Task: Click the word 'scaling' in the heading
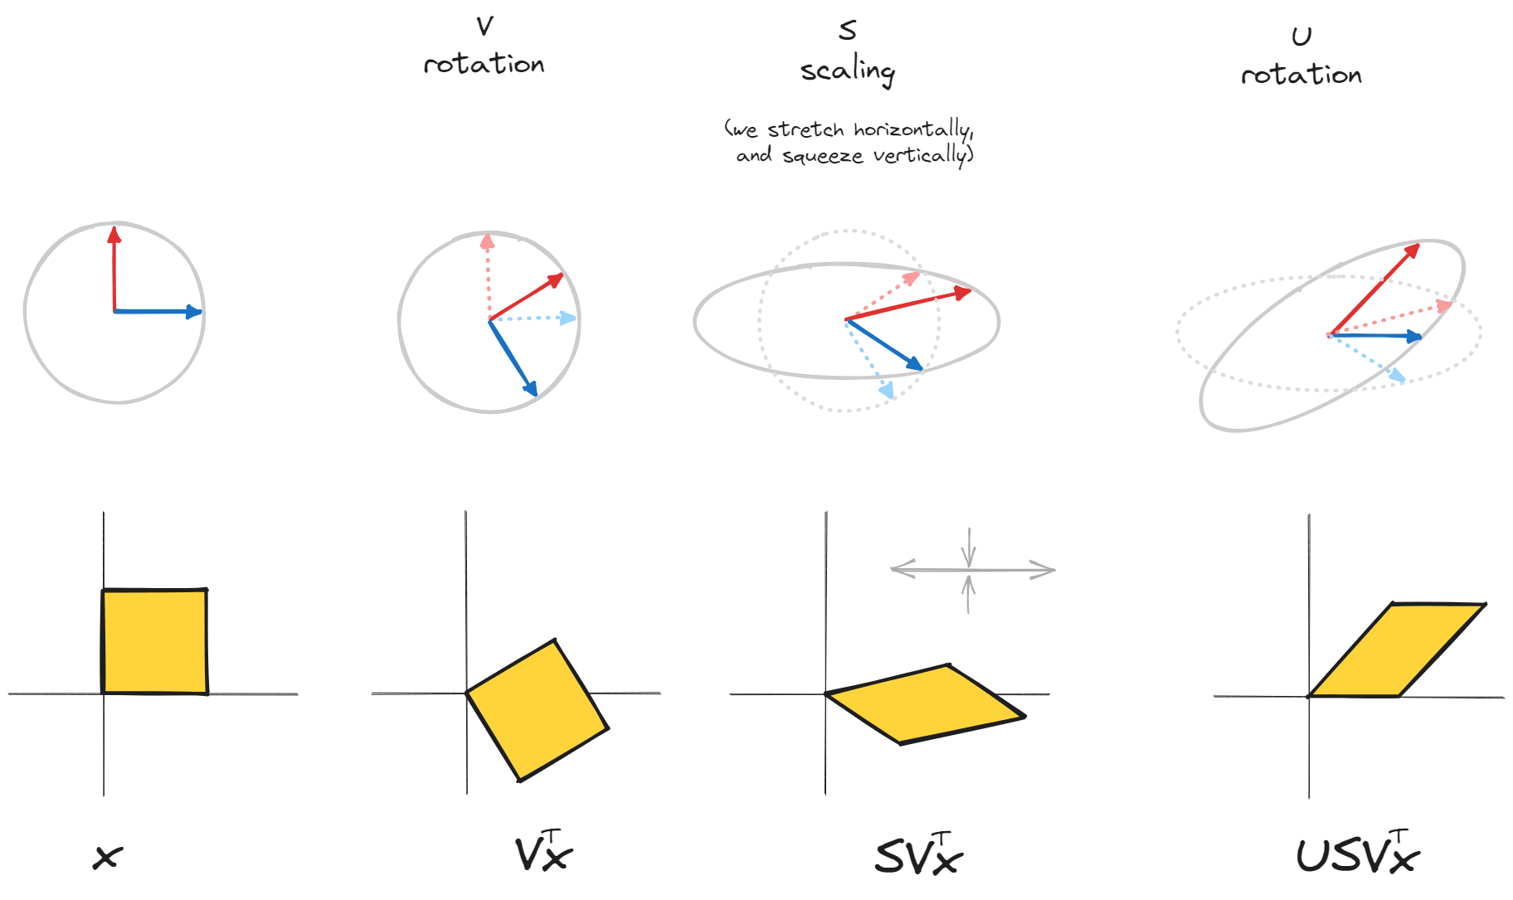(x=848, y=71)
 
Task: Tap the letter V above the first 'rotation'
(x=485, y=27)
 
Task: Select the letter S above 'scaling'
(x=847, y=31)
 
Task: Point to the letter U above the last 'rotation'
(x=1301, y=36)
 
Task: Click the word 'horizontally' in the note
(x=912, y=129)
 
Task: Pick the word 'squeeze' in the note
(x=822, y=156)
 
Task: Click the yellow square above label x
(x=154, y=641)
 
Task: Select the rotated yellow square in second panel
(x=538, y=710)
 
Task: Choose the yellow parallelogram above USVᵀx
(x=1396, y=649)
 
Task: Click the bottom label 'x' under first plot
(x=108, y=857)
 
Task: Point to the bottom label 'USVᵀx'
(x=1357, y=854)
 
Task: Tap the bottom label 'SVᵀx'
(x=918, y=855)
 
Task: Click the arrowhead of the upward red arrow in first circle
(x=114, y=234)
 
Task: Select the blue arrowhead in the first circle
(x=194, y=312)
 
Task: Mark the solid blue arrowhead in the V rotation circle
(x=531, y=387)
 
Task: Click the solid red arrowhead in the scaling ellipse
(x=963, y=293)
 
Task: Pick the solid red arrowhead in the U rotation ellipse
(x=1412, y=250)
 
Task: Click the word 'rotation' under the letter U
(x=1301, y=75)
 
